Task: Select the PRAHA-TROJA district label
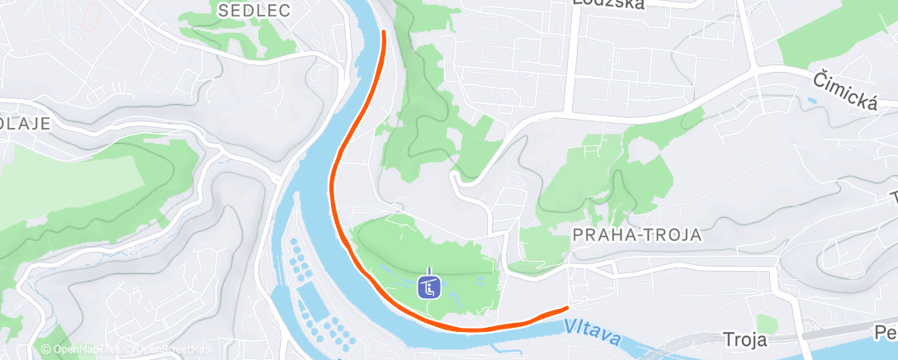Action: click(x=636, y=234)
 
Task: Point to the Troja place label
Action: click(x=745, y=339)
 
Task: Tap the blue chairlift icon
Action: click(x=429, y=287)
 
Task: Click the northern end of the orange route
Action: click(x=384, y=31)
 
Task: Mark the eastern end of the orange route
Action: click(x=566, y=308)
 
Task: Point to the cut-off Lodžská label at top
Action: click(x=609, y=3)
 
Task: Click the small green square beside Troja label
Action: click(x=767, y=324)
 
